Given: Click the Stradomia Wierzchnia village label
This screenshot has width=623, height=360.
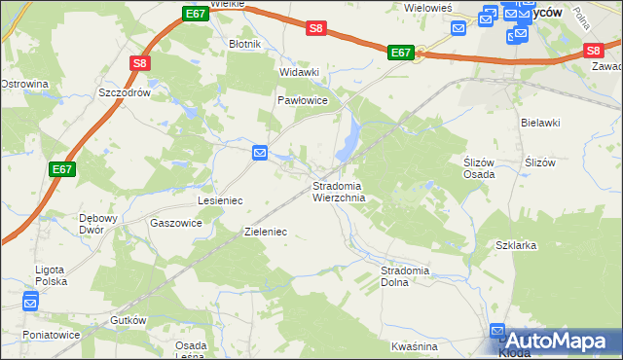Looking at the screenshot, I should click(338, 192).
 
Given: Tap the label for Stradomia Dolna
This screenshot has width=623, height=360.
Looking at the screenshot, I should click(406, 275).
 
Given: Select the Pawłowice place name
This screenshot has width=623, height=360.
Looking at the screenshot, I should click(302, 100).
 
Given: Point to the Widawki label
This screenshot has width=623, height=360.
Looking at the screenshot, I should click(300, 72).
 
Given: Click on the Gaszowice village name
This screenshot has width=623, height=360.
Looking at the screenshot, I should click(176, 223).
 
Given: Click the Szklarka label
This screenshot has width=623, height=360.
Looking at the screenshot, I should click(516, 246).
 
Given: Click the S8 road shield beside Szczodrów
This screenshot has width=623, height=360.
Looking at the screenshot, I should click(140, 64).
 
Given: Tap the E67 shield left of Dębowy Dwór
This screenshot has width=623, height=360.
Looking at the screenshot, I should click(62, 169).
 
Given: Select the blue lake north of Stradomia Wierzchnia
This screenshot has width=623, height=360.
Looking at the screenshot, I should click(348, 141).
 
